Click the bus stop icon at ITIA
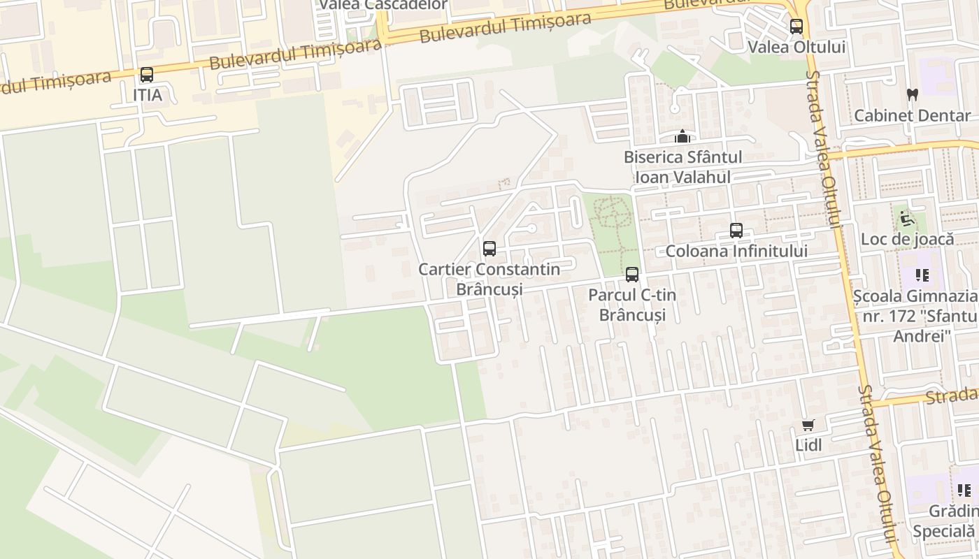click(147, 75)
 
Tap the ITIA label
click(147, 95)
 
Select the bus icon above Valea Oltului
click(796, 27)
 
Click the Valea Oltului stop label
click(796, 47)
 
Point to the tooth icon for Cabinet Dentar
click(912, 95)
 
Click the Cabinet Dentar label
click(912, 115)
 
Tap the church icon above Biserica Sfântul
click(683, 136)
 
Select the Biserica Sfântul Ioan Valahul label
click(683, 167)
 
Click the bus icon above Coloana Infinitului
click(736, 231)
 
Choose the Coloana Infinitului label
click(736, 251)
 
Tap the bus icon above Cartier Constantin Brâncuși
click(489, 249)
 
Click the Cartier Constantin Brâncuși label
click(489, 279)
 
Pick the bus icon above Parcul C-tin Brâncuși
click(632, 275)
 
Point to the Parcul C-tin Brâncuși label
click(632, 305)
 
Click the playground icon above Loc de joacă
click(907, 219)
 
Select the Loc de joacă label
click(907, 239)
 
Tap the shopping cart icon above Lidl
click(808, 425)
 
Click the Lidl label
click(808, 444)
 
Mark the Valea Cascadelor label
click(383, 5)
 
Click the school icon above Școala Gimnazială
click(922, 275)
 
